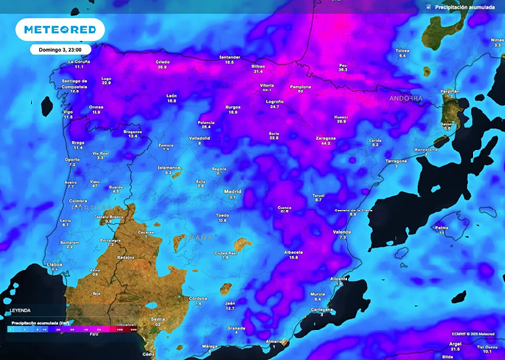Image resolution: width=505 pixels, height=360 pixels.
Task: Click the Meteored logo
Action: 58,29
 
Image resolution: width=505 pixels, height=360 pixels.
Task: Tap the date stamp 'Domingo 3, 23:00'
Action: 59,48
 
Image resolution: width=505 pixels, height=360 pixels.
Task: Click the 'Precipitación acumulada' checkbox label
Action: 466,6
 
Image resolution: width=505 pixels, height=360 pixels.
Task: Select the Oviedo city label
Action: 163,62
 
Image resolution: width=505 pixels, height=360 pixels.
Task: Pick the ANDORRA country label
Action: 405,99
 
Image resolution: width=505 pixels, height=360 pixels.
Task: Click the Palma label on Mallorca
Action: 442,226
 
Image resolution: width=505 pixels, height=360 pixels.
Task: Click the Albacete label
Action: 293,251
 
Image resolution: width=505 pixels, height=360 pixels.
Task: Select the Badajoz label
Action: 125,256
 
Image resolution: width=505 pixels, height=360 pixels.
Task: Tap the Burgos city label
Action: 233,107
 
